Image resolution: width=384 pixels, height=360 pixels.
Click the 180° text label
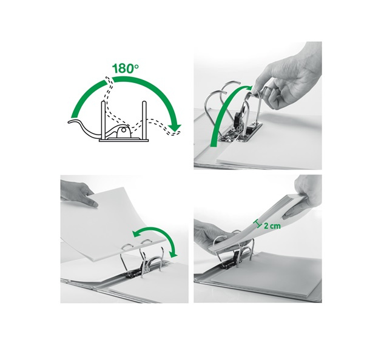pos(125,68)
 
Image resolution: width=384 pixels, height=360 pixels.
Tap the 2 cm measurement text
pos(272,225)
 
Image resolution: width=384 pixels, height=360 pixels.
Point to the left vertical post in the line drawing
pos(103,120)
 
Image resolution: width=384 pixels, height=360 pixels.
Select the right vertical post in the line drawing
pos(144,120)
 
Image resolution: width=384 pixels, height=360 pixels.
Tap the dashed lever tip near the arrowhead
pos(177,133)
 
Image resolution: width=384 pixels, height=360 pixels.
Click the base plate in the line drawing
pos(124,141)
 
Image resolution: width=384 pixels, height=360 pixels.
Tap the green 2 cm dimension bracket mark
pos(258,224)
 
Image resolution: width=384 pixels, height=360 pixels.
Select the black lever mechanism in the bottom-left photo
pos(137,270)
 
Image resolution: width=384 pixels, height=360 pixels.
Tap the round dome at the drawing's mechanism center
pos(123,132)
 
